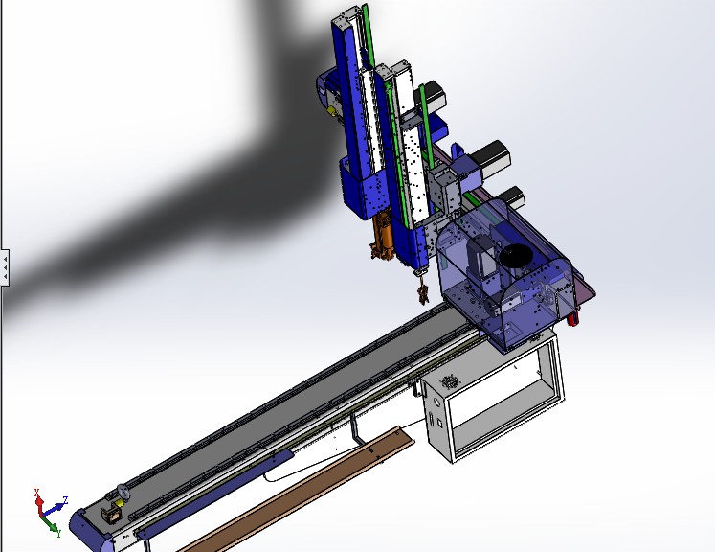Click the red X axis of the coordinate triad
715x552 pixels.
pos(38,498)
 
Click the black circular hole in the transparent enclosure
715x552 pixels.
pos(518,256)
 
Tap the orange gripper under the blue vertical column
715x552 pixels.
pos(382,240)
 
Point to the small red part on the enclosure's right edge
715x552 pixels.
pos(574,319)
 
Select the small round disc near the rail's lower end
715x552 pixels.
pos(123,494)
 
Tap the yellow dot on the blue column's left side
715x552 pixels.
pos(332,109)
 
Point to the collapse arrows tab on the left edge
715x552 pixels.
pos(5,266)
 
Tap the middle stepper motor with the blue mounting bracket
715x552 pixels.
pos(493,156)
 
